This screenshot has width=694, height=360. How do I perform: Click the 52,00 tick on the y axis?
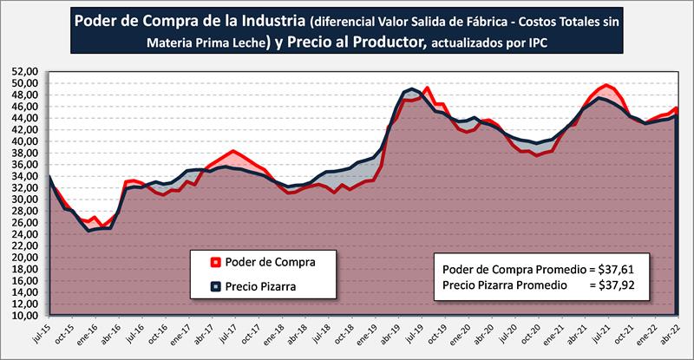(27, 72)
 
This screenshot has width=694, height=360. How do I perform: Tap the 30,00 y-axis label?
(27, 200)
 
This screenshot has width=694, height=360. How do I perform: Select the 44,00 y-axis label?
(27, 118)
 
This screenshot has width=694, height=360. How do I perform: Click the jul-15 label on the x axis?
(49, 335)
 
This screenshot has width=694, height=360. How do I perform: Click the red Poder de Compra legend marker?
(214, 262)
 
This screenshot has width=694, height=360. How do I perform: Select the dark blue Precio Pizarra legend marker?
(214, 284)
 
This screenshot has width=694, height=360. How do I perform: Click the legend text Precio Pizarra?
(258, 284)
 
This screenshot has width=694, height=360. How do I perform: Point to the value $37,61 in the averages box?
(612, 269)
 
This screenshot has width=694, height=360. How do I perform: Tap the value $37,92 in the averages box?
(612, 284)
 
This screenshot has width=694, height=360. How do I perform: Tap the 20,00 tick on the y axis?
(27, 258)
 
